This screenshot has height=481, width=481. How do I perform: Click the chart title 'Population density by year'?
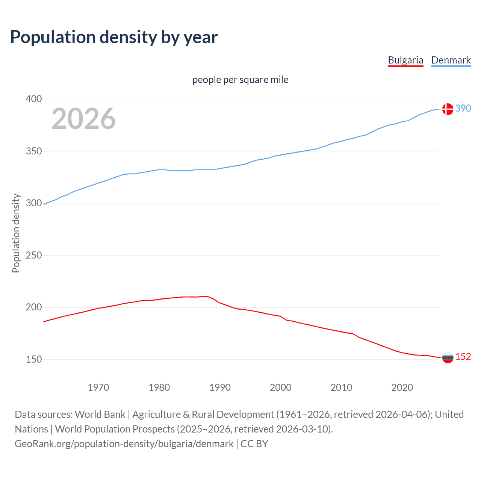tap(114, 37)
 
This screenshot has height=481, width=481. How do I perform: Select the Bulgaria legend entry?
tap(405, 60)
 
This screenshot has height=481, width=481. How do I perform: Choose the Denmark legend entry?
tap(451, 60)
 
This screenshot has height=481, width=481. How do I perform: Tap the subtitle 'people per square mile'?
tap(240, 80)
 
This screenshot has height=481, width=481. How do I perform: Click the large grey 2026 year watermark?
tap(83, 119)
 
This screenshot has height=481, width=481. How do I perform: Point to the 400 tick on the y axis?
tap(34, 99)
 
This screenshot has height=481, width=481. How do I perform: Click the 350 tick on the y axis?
tap(34, 151)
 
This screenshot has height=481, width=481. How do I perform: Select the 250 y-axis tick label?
tap(34, 256)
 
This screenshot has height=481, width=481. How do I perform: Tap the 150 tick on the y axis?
tap(34, 360)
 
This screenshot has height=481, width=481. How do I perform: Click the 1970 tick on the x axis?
tap(98, 387)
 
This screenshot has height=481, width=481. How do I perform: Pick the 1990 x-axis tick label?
tap(220, 387)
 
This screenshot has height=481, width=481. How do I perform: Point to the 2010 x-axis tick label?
tap(341, 387)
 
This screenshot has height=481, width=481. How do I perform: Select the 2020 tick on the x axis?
tap(402, 387)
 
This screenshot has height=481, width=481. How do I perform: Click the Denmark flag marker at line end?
tap(448, 109)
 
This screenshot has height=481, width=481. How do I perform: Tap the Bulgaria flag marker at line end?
tap(448, 357)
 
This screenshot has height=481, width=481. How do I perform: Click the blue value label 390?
tap(463, 109)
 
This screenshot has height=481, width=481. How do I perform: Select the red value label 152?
tap(463, 357)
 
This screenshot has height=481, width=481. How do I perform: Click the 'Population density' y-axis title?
tap(16, 233)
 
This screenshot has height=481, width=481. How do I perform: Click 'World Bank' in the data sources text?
tap(100, 414)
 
